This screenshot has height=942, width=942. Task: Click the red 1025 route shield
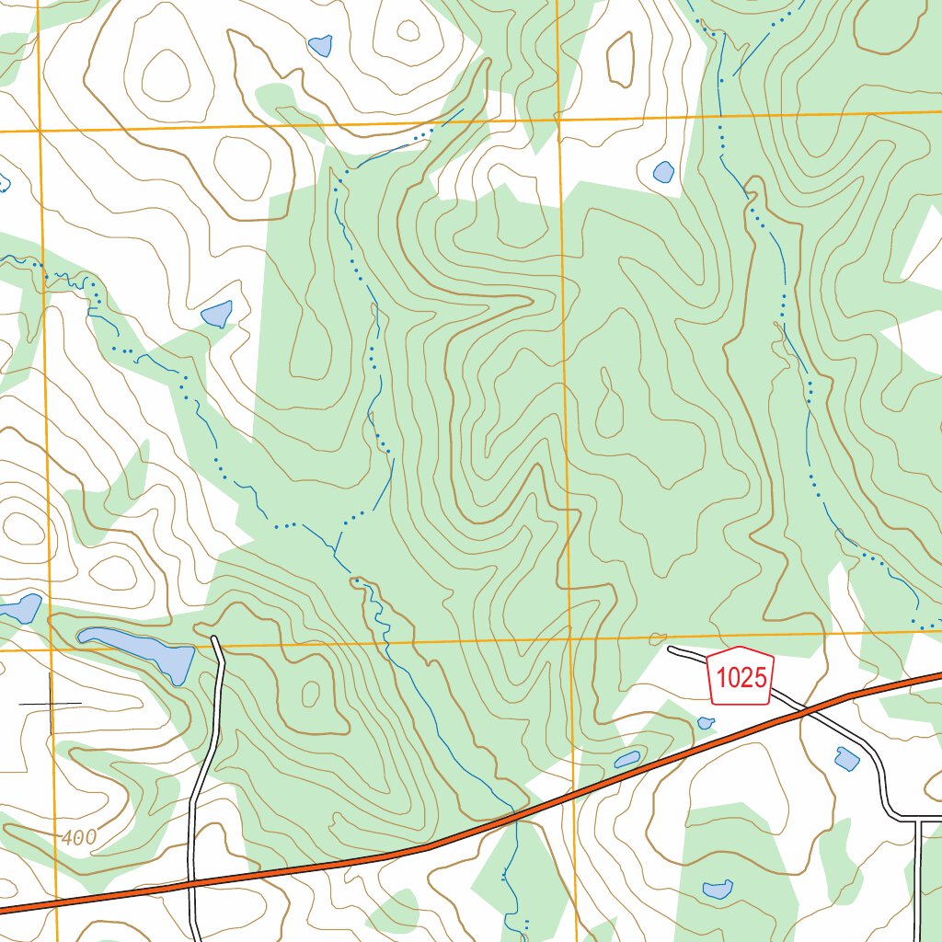(x=741, y=679)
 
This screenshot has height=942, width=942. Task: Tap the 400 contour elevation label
(x=80, y=838)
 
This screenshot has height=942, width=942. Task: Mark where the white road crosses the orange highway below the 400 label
(x=190, y=882)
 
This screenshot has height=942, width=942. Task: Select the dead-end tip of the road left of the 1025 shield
(x=671, y=649)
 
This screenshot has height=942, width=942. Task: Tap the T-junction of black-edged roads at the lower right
(x=918, y=818)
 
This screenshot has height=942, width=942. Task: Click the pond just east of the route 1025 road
(x=846, y=759)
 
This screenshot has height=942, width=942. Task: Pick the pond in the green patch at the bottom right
(x=717, y=889)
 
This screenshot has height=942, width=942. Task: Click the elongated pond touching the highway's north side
(x=626, y=760)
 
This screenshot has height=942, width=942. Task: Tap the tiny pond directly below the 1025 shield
(x=705, y=723)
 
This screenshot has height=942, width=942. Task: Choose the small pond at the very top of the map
(x=320, y=44)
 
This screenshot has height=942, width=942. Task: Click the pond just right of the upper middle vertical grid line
(x=663, y=171)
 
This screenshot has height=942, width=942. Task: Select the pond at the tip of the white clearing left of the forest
(x=217, y=314)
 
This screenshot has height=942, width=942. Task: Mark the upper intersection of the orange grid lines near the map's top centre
(x=558, y=119)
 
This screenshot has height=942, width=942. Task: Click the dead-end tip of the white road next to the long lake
(x=215, y=638)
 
